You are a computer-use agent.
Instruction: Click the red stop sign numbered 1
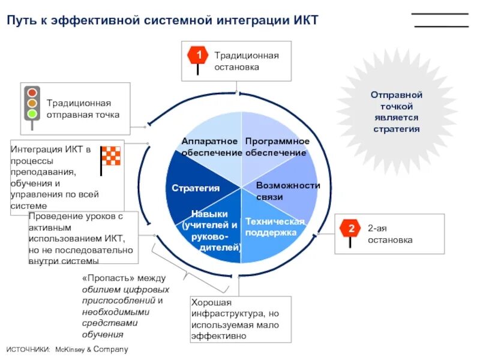198,56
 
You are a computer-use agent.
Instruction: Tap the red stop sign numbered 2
349,229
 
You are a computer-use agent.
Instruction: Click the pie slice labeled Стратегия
196,188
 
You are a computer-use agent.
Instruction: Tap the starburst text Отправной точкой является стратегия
397,112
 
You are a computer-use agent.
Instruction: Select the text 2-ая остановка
390,234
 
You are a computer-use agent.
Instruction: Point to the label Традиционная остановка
247,61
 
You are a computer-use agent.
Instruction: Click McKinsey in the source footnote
74,349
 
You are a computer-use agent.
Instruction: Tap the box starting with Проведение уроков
83,238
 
